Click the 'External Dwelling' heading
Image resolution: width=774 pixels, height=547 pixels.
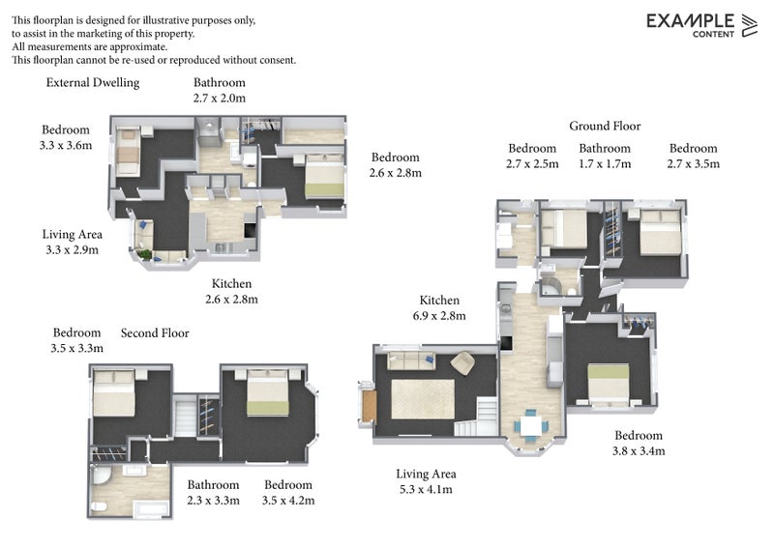coord(93,83)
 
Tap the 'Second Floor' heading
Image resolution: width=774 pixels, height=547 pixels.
coord(155,333)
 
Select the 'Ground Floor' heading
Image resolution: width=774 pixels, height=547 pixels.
coord(605,127)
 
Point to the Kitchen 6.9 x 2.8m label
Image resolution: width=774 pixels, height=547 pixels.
coord(439,308)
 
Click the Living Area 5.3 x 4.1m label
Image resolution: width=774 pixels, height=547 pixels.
coord(426,481)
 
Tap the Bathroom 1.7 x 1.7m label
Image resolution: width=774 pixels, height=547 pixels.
coord(605,156)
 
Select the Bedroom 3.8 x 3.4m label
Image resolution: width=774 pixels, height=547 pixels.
coord(638,443)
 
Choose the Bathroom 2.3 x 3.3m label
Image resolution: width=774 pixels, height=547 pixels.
coord(213,492)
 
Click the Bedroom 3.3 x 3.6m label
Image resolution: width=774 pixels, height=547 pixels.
coord(66,138)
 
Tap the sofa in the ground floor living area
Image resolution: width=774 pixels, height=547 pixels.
coord(410,360)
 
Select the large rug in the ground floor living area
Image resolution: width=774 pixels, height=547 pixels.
coord(422,398)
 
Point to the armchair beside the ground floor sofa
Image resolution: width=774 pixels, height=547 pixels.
coord(461,363)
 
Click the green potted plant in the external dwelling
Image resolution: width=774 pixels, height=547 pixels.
coord(146,255)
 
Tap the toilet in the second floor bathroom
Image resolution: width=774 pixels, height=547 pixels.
coord(98,505)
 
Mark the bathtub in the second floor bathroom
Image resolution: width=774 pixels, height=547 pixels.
coord(145,507)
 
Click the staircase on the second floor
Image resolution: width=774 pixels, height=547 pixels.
coord(184,418)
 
